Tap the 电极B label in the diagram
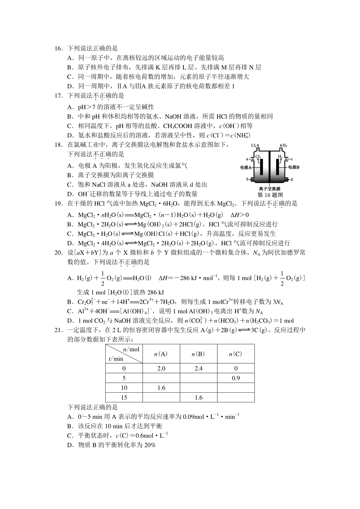(294, 167)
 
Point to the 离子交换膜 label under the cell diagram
(270, 189)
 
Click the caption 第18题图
(270, 195)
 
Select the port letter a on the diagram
(247, 159)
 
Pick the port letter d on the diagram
(292, 179)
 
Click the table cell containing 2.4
(198, 368)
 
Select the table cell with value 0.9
(236, 378)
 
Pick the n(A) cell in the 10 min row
(161, 388)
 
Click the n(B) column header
(198, 354)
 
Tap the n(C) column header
(235, 354)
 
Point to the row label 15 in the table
(124, 397)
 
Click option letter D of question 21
(70, 445)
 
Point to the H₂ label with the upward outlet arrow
(284, 146)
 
